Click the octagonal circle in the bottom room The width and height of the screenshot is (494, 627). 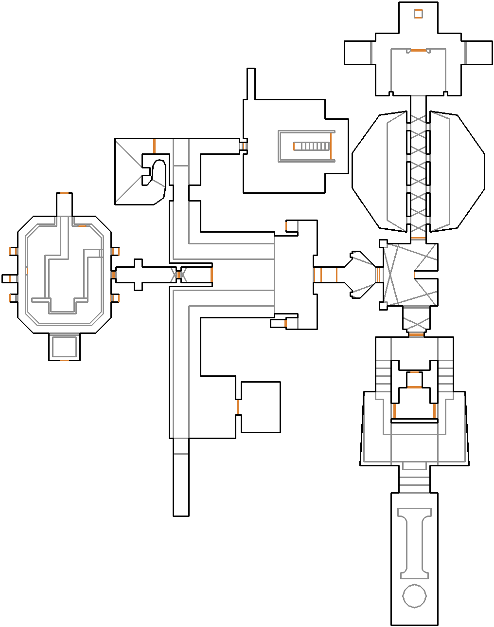coord(415,596)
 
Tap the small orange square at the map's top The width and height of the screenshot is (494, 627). coord(418,14)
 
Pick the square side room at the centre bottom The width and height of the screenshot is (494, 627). coord(261,407)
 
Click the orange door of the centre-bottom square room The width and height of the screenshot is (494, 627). coord(238,407)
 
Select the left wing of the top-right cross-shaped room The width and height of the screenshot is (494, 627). coord(358,53)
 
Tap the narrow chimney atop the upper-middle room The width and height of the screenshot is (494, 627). coord(251,84)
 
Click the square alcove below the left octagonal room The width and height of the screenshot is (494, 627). coord(64,347)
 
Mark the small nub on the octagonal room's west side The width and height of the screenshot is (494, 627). coord(9,278)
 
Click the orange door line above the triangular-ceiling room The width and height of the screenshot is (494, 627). coord(154,146)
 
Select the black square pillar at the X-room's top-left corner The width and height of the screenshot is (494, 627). coord(383,243)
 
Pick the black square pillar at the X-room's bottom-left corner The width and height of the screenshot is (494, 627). coord(383,306)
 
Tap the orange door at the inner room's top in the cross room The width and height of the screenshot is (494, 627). coord(418,50)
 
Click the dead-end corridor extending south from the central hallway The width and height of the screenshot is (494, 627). coord(181,477)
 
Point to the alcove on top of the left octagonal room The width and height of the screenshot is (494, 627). coord(64,204)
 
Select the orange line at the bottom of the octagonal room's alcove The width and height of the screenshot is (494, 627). coord(64,360)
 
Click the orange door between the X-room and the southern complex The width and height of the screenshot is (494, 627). coord(416,334)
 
